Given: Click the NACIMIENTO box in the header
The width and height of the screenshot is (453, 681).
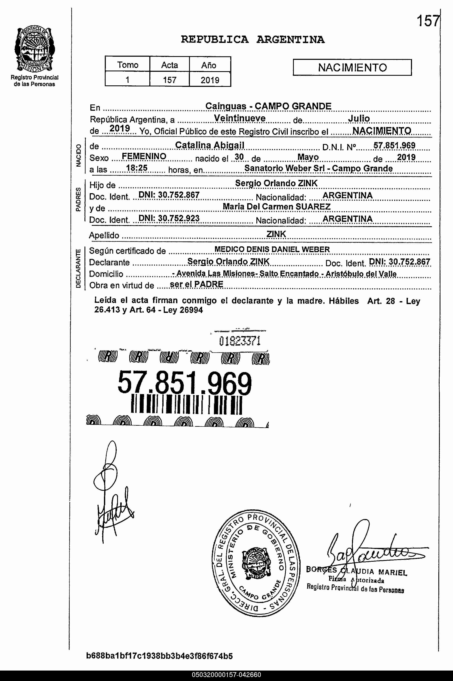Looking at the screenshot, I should coord(352,67).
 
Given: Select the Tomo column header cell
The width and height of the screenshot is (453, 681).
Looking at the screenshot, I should coord(127,65).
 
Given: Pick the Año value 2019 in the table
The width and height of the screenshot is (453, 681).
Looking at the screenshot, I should coord(210,80).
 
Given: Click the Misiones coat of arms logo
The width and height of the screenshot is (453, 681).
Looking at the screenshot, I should coord(35,49).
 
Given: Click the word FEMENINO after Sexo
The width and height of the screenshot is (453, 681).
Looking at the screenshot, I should coord(144,156).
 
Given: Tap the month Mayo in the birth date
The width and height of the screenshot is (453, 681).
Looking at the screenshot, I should coord(308,157).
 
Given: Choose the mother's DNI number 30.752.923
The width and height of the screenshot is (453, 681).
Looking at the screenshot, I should coord(169,218).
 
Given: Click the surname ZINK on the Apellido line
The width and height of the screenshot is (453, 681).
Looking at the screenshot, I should coord(276,234).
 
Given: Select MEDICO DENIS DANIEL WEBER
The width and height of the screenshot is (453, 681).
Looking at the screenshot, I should coord(272,249).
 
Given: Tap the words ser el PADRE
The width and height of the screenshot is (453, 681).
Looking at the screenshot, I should coord(196,284).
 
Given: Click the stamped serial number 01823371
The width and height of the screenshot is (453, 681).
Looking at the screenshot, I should coord(240,341).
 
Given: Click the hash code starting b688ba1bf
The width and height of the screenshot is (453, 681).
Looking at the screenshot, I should coord(159,656).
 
